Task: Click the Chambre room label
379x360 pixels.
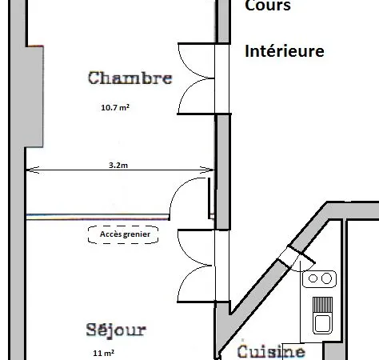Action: (130, 78)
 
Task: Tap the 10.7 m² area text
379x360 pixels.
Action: (115, 107)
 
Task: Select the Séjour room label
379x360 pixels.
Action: (116, 330)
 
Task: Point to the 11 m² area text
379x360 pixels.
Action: (104, 353)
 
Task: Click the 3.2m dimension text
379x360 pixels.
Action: (118, 166)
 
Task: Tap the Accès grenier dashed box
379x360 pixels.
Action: (123, 234)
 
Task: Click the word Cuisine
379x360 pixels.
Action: (271, 351)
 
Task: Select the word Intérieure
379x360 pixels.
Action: (285, 51)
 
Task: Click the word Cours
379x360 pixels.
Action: (268, 6)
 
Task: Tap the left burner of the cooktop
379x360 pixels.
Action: (313, 278)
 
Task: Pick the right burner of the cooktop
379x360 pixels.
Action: (326, 278)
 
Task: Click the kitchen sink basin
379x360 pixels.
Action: (322, 323)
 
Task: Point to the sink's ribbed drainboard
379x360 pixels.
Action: (322, 305)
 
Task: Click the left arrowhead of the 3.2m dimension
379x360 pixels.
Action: (33, 170)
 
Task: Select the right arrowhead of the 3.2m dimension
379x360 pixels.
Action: (207, 170)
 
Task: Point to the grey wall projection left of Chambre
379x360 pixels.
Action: (34, 97)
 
